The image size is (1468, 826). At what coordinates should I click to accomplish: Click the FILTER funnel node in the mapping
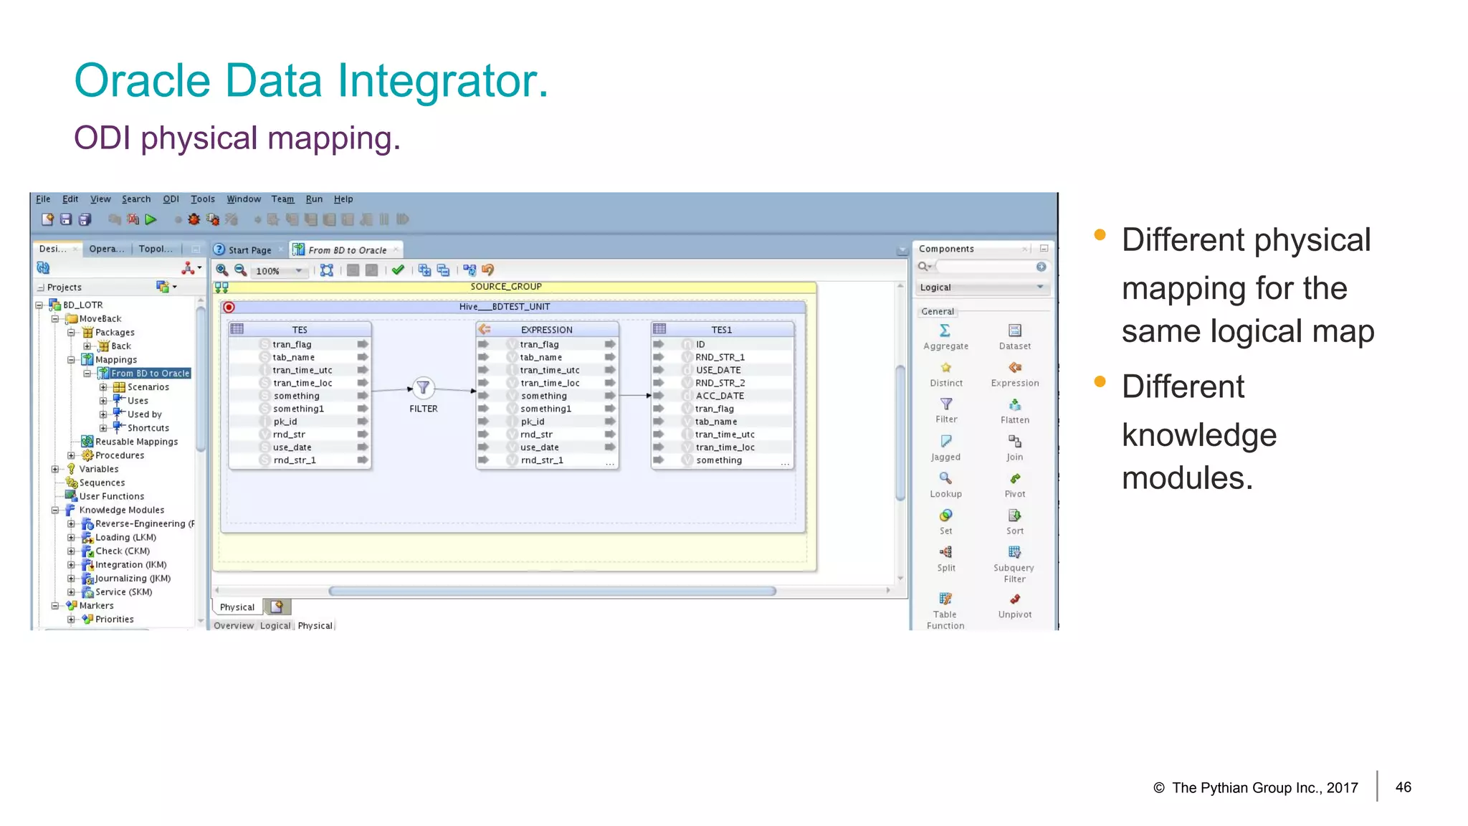[423, 389]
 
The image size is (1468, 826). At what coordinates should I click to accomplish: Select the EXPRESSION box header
[546, 330]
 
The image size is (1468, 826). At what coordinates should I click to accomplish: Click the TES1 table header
[721, 330]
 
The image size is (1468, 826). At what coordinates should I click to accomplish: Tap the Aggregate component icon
[945, 331]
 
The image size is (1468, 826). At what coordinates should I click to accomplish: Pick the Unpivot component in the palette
[1015, 600]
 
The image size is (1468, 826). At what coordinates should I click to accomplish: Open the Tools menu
[202, 199]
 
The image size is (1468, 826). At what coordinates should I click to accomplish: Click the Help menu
[343, 199]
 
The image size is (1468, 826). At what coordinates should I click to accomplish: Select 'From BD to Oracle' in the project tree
[150, 374]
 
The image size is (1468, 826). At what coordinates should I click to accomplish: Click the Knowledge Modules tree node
[121, 511]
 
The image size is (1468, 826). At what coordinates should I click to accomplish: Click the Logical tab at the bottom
[275, 626]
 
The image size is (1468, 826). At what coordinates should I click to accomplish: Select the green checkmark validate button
[398, 270]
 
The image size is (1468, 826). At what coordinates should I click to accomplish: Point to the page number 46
[1403, 787]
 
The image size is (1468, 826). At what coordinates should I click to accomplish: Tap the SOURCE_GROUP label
[506, 287]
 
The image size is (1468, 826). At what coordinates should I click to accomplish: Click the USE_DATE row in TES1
[718, 370]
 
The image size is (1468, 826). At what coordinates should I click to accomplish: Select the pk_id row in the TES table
[285, 422]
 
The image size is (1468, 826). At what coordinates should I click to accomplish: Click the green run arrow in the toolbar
[151, 219]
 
